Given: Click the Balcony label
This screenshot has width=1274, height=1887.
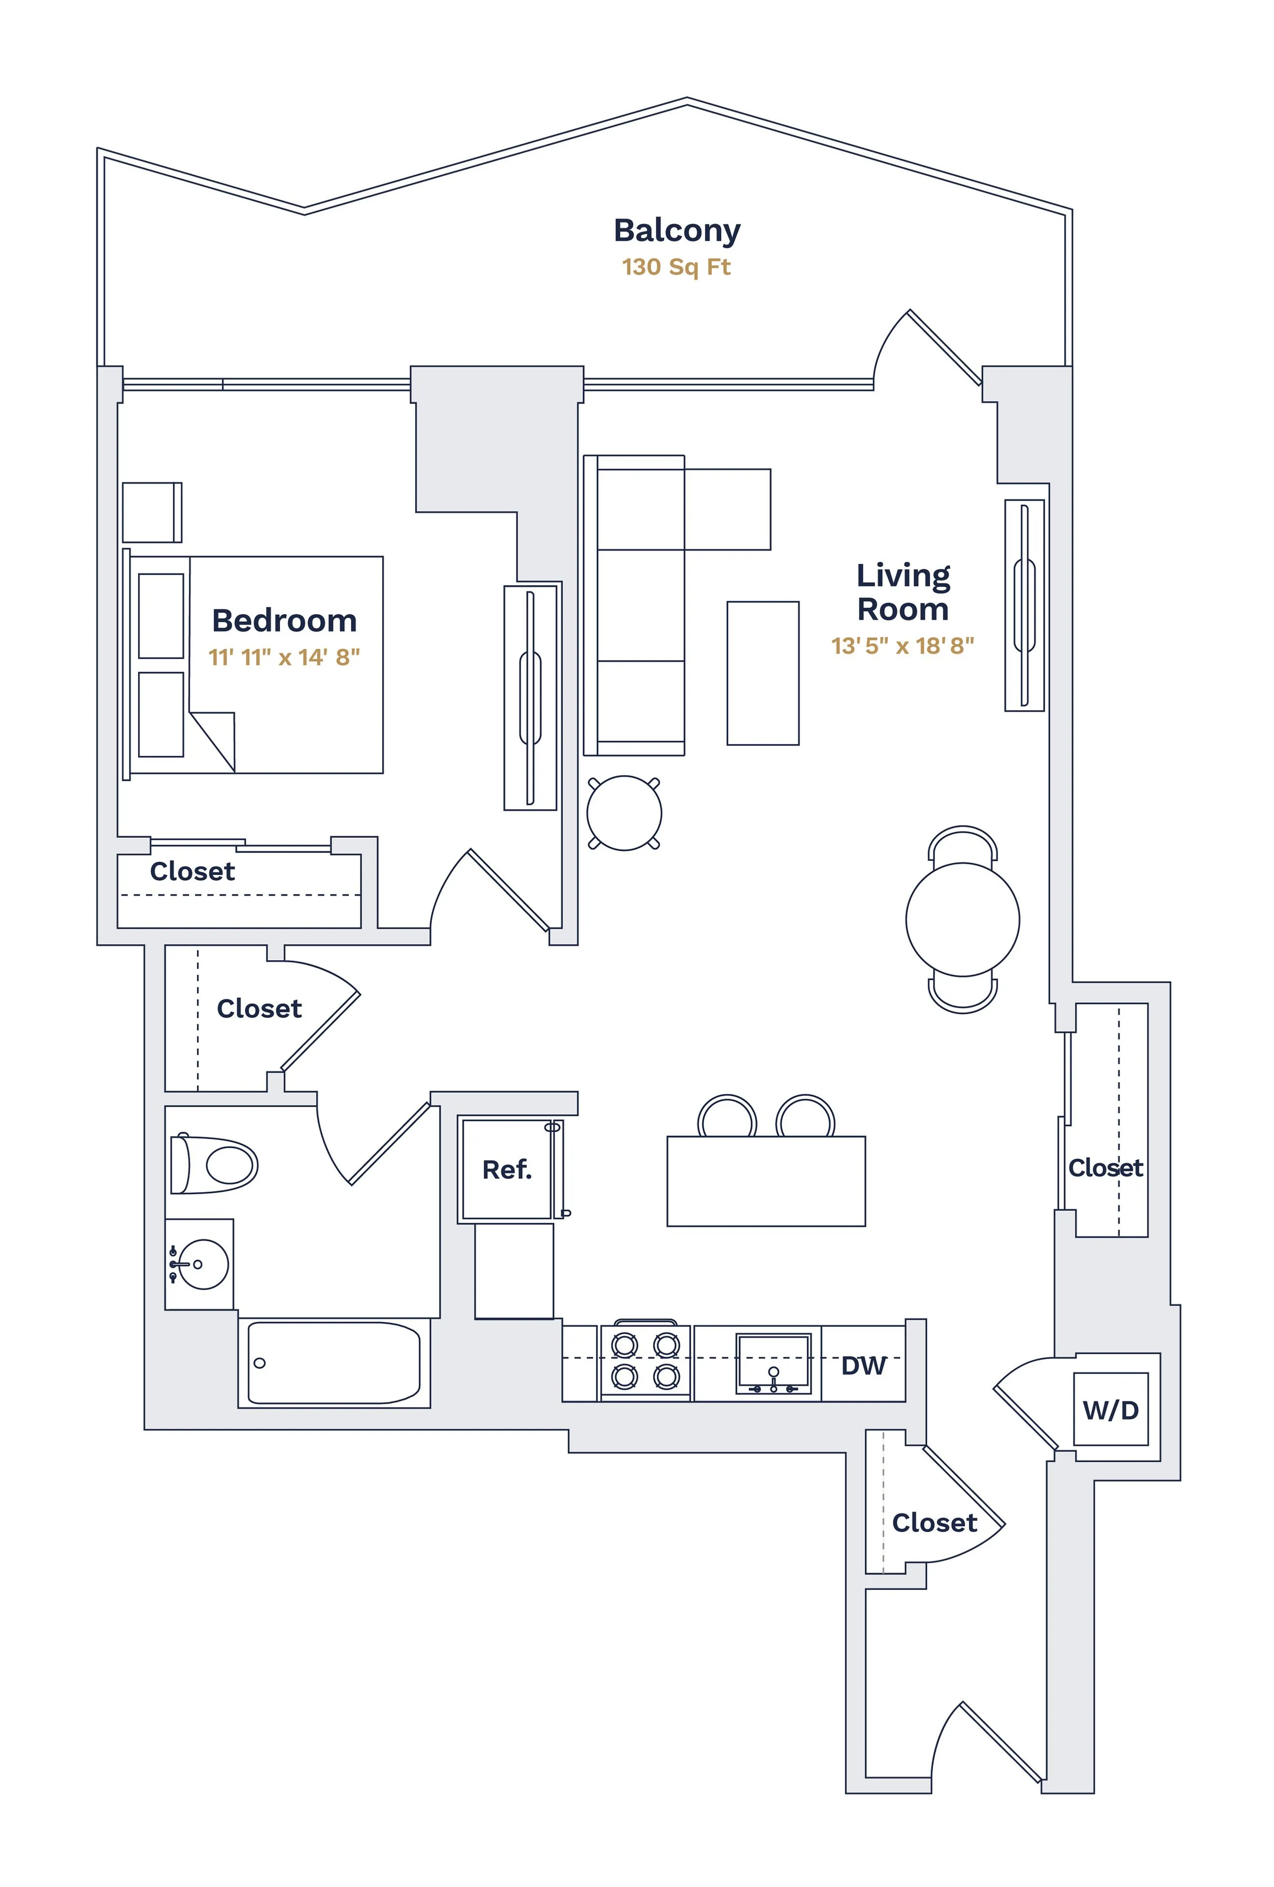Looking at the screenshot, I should click(x=677, y=230).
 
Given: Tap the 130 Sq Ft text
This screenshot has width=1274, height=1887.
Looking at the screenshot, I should click(x=677, y=267).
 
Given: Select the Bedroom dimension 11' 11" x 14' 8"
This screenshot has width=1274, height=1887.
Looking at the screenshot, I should click(x=284, y=657).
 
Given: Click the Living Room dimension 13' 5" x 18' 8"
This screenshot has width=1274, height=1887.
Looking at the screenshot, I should click(x=902, y=646).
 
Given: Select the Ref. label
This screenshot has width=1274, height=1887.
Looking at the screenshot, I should click(x=507, y=1169).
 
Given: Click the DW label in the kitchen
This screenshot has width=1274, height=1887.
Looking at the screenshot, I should click(x=862, y=1366).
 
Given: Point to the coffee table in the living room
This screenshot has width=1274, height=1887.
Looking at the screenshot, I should click(x=763, y=673).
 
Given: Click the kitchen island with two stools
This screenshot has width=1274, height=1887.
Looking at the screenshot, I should click(x=765, y=1180).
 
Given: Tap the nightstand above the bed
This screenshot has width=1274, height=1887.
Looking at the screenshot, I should click(x=152, y=513).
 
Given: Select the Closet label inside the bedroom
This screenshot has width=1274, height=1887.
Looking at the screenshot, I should click(x=193, y=871).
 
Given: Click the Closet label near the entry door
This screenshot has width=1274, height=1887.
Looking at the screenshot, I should click(x=934, y=1522).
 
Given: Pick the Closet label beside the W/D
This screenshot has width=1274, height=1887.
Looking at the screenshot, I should click(x=1105, y=1168).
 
